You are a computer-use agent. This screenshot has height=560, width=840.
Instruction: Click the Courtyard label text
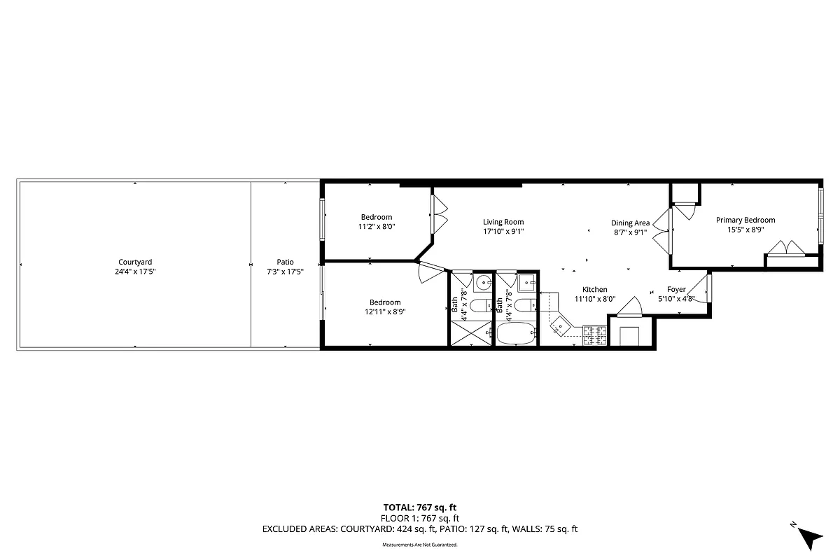135,262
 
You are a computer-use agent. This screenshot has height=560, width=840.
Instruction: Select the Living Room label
503,222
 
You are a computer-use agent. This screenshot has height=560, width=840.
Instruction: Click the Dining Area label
630,223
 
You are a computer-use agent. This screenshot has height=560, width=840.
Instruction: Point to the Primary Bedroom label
745,220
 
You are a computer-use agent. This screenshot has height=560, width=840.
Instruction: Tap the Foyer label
676,289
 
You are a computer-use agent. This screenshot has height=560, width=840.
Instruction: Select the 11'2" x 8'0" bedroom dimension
377,227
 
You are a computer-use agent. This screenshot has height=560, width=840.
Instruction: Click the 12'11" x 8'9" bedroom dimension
385,312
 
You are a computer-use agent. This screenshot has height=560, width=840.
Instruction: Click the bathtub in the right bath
516,334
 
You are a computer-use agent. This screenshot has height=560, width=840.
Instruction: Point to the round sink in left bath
482,283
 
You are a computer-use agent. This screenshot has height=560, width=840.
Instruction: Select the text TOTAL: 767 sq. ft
420,507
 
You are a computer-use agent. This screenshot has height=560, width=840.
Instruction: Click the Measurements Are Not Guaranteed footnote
420,545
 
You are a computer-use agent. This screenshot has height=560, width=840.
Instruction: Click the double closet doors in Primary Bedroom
783,248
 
